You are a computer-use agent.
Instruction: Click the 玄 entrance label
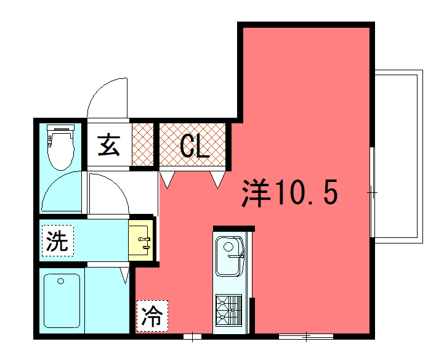(x=109, y=145)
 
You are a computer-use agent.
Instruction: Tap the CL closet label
(x=195, y=145)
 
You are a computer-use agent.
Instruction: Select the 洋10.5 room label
(x=289, y=192)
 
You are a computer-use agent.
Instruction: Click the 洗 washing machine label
(x=58, y=240)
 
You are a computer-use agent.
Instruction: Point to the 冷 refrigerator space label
(x=152, y=316)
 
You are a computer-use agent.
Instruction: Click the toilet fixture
(x=60, y=147)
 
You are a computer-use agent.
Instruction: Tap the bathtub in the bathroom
(x=62, y=301)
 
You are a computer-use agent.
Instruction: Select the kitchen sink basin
(x=230, y=256)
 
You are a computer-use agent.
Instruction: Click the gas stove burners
(x=229, y=311)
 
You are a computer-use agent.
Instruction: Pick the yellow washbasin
(x=141, y=240)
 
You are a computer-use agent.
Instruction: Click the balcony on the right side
(x=398, y=157)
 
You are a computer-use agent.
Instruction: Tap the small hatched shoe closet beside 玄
(x=143, y=145)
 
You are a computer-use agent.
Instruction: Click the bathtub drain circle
(x=60, y=281)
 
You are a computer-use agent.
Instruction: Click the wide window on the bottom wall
(x=306, y=337)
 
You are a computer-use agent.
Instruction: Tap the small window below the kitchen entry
(x=192, y=337)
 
